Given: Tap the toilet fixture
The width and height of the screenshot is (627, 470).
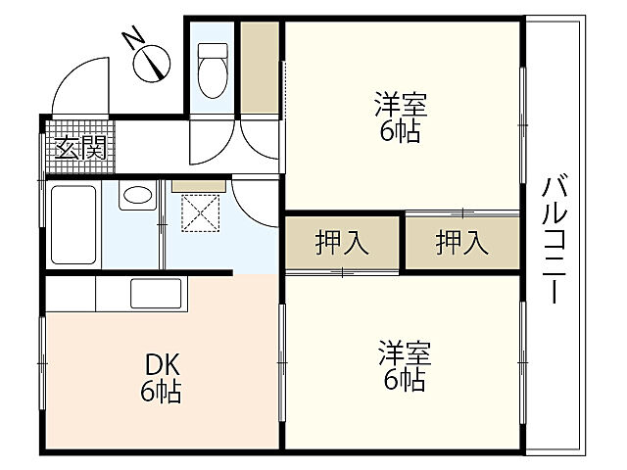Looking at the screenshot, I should point(212,68).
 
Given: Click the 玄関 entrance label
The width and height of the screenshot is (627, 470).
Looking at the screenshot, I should point(80,149).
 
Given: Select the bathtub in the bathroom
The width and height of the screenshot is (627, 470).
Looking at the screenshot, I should point(72,223).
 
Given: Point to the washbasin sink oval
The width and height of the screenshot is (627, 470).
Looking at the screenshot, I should point(138,196).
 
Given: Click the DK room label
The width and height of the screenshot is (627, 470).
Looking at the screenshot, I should point(162,365).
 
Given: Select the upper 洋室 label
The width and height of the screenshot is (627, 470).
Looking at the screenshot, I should point(401,102).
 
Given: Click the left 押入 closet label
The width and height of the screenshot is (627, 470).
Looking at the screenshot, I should point(342,242).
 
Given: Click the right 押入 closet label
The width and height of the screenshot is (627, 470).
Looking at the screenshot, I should point(461,242).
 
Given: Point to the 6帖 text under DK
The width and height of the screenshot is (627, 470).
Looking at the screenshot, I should point(162,394).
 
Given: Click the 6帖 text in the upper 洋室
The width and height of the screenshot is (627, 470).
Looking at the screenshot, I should point(401,131).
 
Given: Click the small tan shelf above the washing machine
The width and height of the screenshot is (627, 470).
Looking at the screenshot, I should point(199,184).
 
